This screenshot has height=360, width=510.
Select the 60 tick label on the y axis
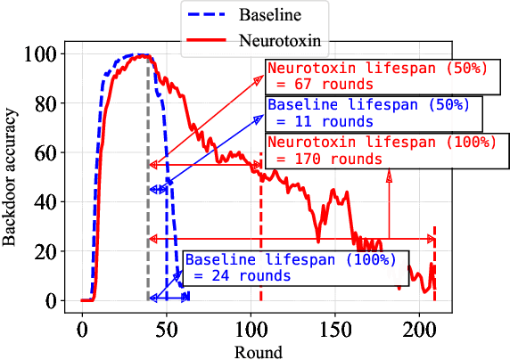(x=50, y=152)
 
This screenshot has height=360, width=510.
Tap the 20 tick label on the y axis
(x=50, y=251)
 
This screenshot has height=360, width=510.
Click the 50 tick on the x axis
(x=166, y=331)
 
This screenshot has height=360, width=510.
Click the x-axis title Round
(x=259, y=351)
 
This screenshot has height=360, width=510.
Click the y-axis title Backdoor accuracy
(x=11, y=178)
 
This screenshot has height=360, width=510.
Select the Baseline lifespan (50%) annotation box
(x=374, y=111)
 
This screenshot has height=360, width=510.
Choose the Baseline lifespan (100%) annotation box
(x=293, y=268)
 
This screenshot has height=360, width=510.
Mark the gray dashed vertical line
(x=148, y=223)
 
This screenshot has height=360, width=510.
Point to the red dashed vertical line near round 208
(x=434, y=267)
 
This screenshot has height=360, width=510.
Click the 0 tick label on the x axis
(x=82, y=331)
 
